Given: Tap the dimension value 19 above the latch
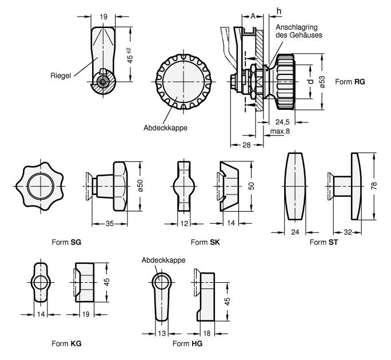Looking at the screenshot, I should click(104, 18).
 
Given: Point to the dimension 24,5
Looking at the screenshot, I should click(284, 122).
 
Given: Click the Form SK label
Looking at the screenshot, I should click(200, 242).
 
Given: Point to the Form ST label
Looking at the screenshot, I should click(321, 242).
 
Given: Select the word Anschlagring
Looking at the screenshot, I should click(296, 27).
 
